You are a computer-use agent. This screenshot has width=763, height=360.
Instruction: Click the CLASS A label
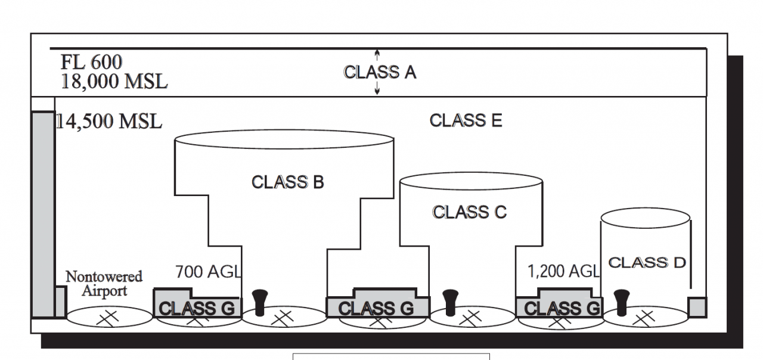pos(380,72)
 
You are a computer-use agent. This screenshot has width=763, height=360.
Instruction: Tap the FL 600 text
pos(91,62)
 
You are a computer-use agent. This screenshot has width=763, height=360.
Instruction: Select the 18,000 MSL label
pos(114,81)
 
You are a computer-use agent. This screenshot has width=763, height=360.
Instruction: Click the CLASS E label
pos(466,120)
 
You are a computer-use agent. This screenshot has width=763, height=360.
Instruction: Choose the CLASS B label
pos(287,182)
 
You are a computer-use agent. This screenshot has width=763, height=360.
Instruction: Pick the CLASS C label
pos(469,212)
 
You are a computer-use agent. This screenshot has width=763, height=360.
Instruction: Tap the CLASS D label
pos(647,262)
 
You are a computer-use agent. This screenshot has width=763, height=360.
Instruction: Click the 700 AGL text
pos(208,272)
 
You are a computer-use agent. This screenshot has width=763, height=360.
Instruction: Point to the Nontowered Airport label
pos(104,284)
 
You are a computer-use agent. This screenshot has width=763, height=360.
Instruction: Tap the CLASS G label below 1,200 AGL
pos(562,308)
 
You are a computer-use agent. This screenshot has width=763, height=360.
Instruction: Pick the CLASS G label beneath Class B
pos(376,308)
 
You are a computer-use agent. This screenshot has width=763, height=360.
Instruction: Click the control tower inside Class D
pos(622,302)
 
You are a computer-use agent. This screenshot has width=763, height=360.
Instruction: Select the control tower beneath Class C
pos(450,302)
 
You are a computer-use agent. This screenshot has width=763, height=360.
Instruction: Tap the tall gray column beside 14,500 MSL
pos(42,215)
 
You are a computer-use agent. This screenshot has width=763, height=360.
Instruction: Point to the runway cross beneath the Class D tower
pos(643,318)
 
